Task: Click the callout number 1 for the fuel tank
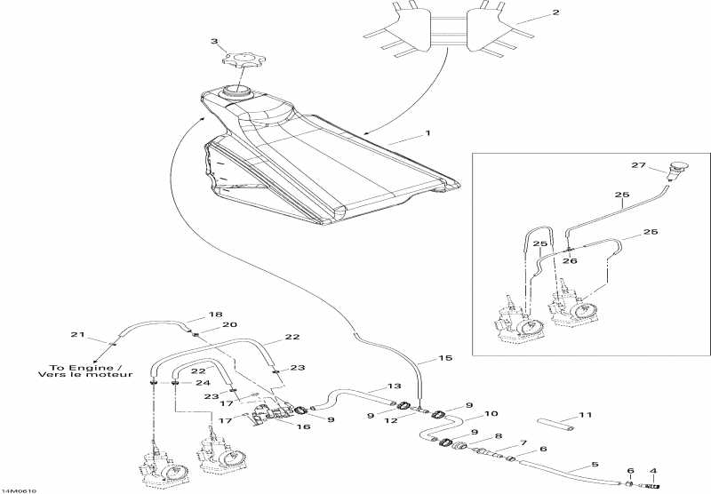(x=427, y=134)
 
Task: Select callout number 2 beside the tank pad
(x=555, y=13)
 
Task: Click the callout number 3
(x=214, y=42)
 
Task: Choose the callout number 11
(x=584, y=415)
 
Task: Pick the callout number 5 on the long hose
(x=595, y=465)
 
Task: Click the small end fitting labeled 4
(x=655, y=486)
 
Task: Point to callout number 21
(x=76, y=335)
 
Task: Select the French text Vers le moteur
(x=85, y=375)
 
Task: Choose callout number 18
(x=215, y=315)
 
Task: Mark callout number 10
(x=490, y=414)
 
